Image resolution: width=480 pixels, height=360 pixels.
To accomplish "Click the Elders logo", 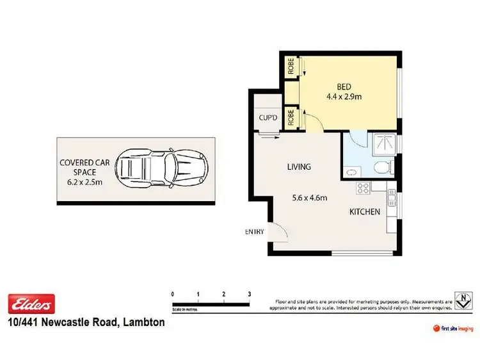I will [x=31, y=304].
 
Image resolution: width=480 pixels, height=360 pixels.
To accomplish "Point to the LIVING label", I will [x=298, y=167].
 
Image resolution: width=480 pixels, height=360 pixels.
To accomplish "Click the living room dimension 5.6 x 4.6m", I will [x=305, y=198].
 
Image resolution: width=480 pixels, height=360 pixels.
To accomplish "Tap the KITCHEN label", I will [x=365, y=212].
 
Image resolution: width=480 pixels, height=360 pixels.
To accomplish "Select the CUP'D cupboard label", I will [x=268, y=117].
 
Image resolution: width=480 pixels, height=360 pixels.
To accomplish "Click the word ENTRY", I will [x=254, y=232].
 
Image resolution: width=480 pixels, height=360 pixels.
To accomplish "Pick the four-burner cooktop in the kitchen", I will [x=363, y=188].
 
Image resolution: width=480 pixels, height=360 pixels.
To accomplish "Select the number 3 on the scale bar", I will [x=248, y=294].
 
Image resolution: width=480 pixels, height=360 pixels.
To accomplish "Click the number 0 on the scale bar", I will [x=172, y=294].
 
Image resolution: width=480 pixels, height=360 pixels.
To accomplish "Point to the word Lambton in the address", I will [x=143, y=323].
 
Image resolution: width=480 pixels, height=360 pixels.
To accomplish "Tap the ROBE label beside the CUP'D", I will [x=291, y=117].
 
